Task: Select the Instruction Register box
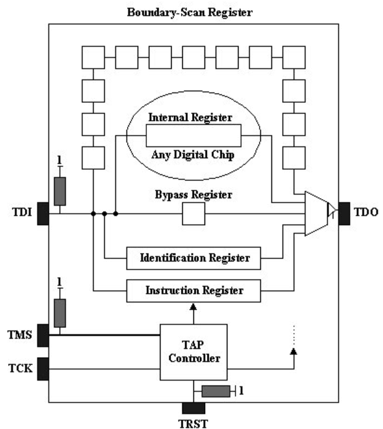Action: coord(194,290)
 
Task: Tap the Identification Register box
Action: coord(194,257)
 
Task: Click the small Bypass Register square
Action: coord(193,214)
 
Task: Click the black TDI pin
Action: coord(43,214)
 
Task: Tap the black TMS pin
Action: coord(43,335)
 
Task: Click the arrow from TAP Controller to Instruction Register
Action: coord(194,312)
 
